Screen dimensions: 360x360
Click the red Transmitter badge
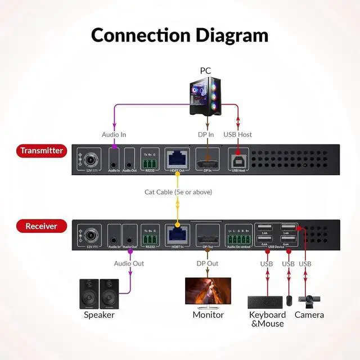(41, 151)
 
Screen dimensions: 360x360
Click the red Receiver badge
(41, 226)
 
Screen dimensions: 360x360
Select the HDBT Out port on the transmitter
(177, 159)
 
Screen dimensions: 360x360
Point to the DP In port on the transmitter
(207, 159)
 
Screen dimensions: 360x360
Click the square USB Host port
(238, 159)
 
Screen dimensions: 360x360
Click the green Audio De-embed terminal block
(238, 238)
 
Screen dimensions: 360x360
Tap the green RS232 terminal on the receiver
(150, 238)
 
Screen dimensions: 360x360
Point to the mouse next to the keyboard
(289, 300)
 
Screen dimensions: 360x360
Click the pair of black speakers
(99, 293)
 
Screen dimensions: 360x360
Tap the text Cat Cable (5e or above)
(178, 192)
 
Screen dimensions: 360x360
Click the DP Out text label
(207, 263)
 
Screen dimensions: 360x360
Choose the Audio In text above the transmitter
(114, 134)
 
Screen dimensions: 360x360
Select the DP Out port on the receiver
(207, 235)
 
